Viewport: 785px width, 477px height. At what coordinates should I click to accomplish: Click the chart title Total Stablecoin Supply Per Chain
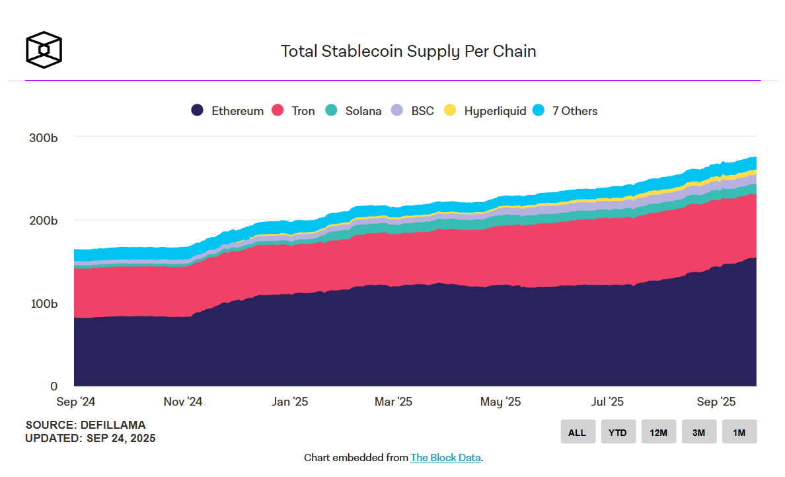408,52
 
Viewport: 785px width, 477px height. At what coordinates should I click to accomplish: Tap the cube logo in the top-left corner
44,50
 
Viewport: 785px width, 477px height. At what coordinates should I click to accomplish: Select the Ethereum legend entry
227,111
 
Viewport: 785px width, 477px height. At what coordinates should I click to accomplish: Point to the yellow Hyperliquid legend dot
450,111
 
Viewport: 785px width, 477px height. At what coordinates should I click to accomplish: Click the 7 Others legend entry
566,111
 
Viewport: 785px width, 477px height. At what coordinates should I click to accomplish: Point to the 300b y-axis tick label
43,138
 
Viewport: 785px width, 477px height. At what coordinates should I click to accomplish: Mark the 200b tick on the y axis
43,220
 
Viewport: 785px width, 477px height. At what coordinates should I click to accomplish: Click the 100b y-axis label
43,304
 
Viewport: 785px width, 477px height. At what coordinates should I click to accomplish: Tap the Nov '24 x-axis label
182,402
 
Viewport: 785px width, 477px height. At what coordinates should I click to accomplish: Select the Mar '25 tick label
393,402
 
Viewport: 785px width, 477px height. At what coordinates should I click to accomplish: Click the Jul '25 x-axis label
607,402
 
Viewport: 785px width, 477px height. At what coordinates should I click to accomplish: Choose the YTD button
618,432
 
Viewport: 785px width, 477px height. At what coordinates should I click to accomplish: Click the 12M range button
658,432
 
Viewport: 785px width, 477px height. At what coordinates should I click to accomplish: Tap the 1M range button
739,432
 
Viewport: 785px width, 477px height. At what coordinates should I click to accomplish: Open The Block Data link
445,457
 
